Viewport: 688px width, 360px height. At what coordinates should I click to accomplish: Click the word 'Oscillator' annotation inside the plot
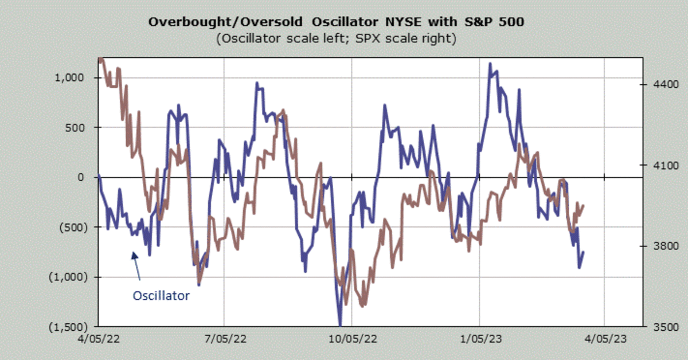[161, 296]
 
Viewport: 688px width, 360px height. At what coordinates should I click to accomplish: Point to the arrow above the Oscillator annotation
[136, 265]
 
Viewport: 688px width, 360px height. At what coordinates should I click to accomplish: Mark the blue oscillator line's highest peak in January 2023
[490, 64]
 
